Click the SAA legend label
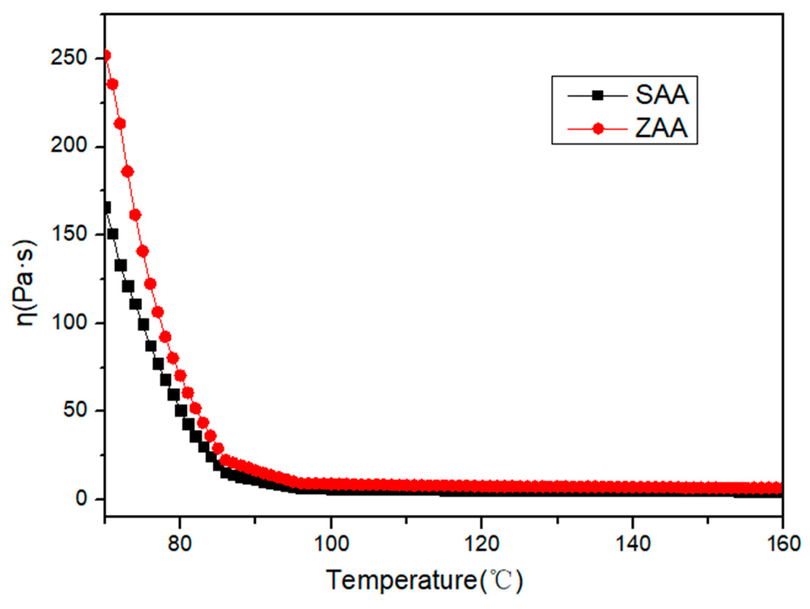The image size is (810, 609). tap(662, 95)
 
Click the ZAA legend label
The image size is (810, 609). tap(661, 128)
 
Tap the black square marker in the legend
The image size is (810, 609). tap(598, 96)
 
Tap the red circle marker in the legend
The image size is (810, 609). tap(598, 129)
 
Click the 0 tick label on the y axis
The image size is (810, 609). tap(82, 499)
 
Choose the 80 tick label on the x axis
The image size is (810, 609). tap(179, 545)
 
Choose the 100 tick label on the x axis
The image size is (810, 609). tap(332, 545)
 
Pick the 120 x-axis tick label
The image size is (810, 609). tap(482, 545)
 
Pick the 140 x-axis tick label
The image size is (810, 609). tap(633, 545)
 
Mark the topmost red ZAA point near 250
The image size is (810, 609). tap(107, 56)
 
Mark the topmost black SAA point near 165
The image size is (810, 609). tap(107, 208)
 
